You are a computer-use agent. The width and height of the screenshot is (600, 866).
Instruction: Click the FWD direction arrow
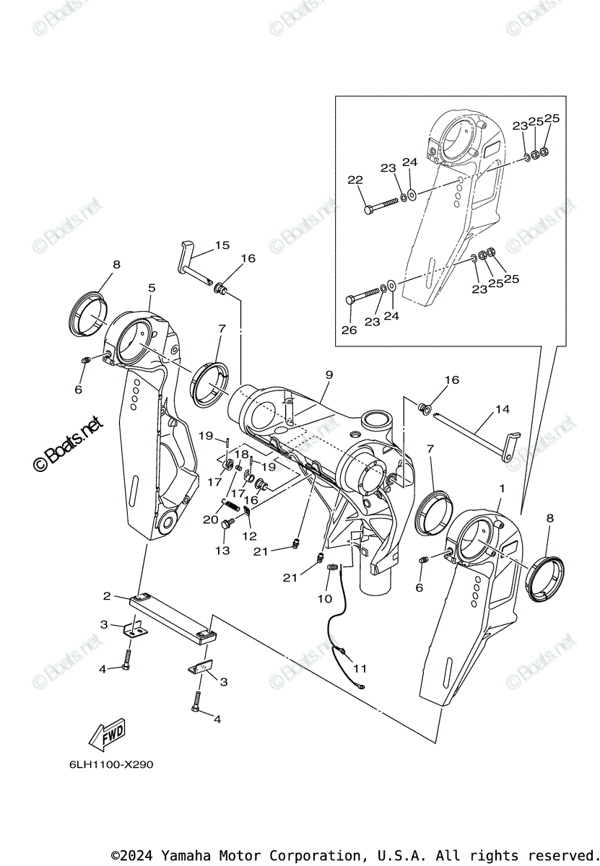point(106,732)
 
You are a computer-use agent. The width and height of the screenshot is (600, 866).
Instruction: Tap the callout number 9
point(329,375)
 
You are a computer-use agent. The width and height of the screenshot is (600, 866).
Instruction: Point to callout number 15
point(222,245)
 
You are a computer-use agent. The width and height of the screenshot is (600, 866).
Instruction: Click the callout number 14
point(502,409)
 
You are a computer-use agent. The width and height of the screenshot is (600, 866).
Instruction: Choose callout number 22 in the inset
point(355,180)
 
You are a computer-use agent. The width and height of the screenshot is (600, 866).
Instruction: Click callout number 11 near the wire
point(360,668)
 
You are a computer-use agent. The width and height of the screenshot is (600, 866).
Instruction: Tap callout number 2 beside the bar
point(107,596)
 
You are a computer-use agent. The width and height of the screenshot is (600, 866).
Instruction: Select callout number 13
point(222,551)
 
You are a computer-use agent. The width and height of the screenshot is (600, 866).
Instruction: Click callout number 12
point(251,535)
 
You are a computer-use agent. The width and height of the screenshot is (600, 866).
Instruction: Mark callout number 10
point(325,598)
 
